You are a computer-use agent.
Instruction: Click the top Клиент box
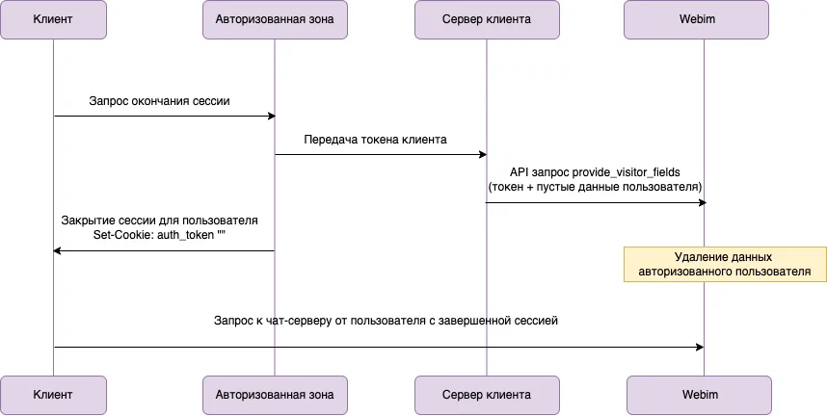(53, 19)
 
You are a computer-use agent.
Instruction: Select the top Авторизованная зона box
(275, 19)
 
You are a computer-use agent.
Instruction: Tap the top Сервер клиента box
(487, 19)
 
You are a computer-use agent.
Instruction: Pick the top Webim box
(696, 19)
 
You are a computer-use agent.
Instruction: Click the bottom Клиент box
(53, 395)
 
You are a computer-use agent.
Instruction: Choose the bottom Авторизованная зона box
(275, 395)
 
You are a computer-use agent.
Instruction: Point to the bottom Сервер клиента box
(487, 395)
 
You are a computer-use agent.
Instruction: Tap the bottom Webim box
(700, 395)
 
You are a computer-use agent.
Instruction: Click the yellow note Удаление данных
(725, 264)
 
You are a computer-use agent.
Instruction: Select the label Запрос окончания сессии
(159, 101)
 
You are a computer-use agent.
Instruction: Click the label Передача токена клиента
(375, 140)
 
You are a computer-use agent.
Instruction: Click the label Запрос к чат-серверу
(386, 321)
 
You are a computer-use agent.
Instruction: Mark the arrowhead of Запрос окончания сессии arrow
(272, 116)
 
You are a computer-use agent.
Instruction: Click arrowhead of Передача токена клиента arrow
(483, 154)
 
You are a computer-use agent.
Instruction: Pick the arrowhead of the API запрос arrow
(703, 202)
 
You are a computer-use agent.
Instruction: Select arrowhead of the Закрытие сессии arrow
(57, 251)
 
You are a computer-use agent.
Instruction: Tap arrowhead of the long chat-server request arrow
(700, 347)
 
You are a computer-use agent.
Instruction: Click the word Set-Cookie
(123, 235)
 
